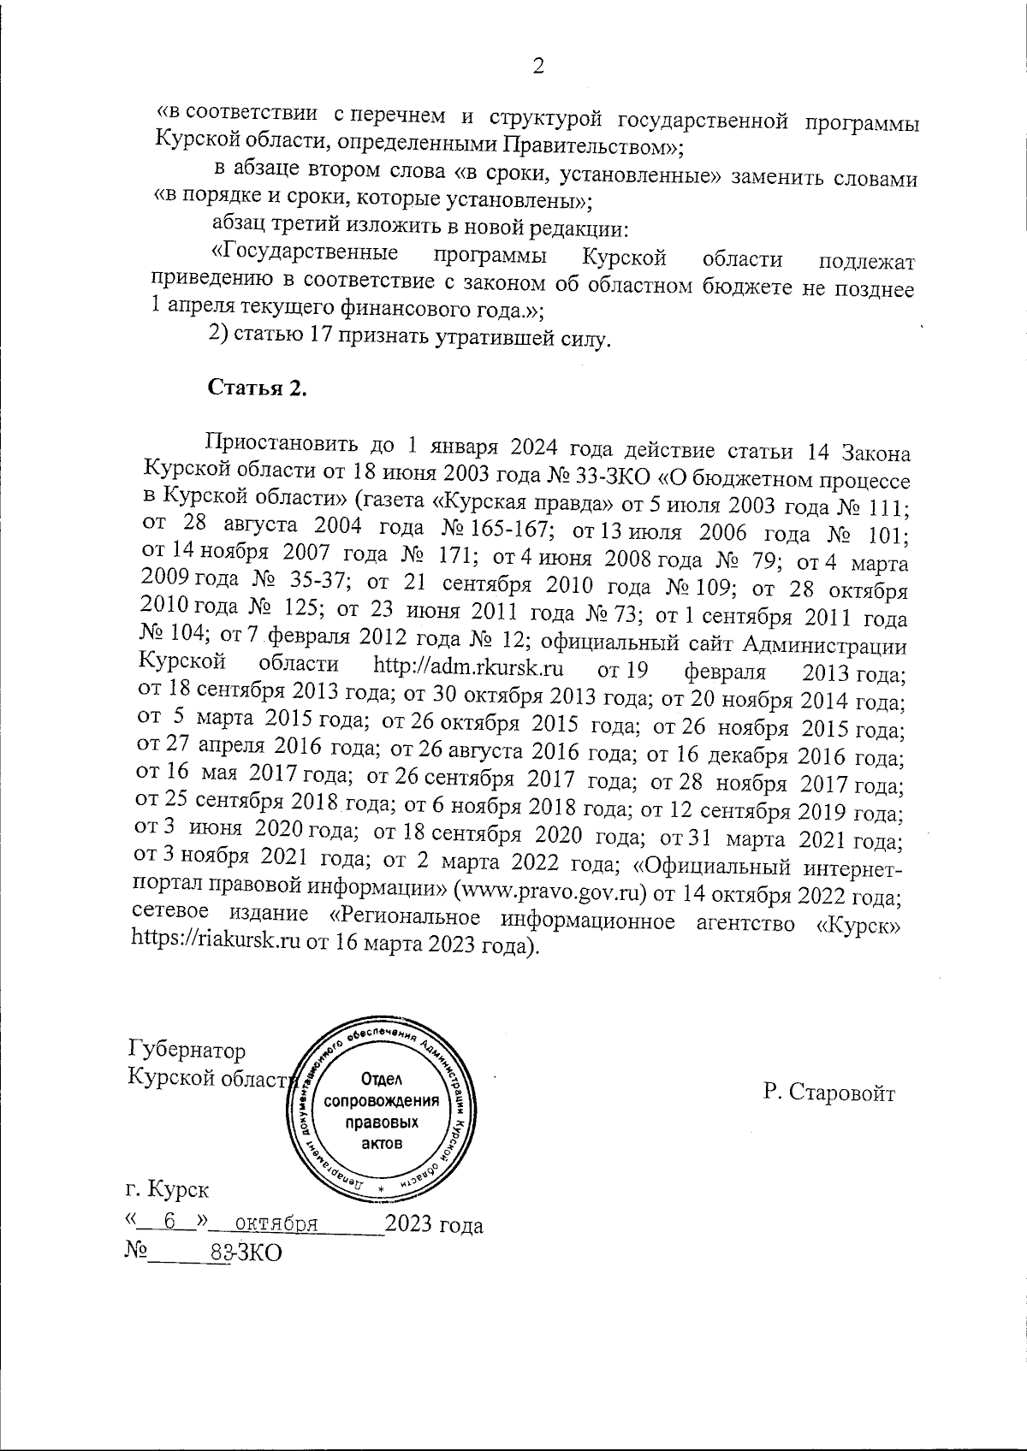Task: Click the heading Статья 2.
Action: pos(258,388)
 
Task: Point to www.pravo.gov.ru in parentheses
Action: pos(554,893)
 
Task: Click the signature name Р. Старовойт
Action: pos(828,1093)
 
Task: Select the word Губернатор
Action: pos(186,1050)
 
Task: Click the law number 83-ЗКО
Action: pos(246,1253)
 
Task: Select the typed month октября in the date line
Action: pos(276,1224)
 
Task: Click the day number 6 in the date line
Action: pos(170,1223)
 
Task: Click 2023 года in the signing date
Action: pos(434,1224)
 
